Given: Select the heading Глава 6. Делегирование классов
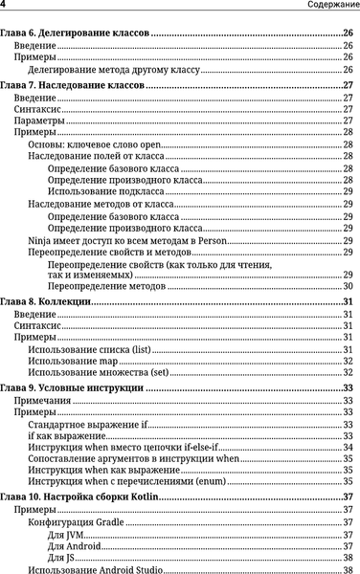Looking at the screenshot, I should click(x=75, y=33).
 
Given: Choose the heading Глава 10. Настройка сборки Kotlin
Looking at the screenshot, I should click(x=82, y=498).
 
